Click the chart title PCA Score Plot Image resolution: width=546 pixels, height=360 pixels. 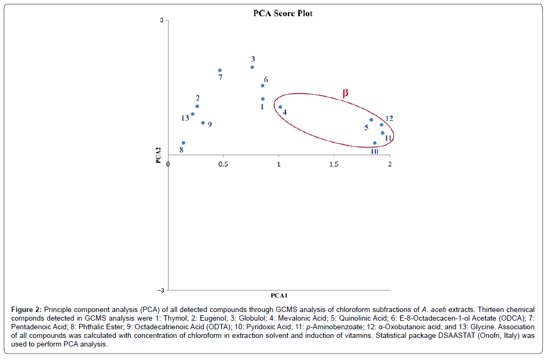(x=283, y=13)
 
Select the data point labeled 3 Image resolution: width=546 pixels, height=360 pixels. (x=252, y=67)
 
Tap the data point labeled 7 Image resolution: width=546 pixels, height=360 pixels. (x=220, y=71)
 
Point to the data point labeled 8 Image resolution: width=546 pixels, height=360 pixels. (x=184, y=143)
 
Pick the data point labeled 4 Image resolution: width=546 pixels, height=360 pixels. (x=281, y=107)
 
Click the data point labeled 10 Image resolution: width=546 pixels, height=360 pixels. (x=375, y=143)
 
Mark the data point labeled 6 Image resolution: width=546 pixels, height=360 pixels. (x=263, y=86)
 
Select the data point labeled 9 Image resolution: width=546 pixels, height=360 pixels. (x=203, y=123)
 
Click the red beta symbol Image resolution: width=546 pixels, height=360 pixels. (x=346, y=93)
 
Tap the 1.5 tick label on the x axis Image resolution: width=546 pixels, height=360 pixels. (x=334, y=164)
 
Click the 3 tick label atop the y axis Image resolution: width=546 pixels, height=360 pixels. (x=162, y=20)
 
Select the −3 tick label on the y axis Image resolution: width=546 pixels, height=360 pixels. (x=160, y=290)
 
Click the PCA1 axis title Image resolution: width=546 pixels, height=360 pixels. (x=279, y=295)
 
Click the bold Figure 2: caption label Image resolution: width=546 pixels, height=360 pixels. (x=26, y=310)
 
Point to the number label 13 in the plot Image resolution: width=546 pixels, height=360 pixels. (x=185, y=118)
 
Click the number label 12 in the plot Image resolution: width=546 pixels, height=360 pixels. (x=389, y=119)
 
